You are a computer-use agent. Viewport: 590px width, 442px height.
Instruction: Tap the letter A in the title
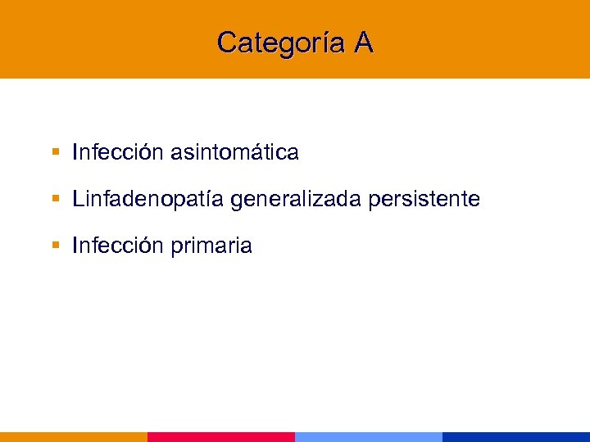pos(364,43)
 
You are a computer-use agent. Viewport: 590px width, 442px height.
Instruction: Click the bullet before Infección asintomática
pos(55,152)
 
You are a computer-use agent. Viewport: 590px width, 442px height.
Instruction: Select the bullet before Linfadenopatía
pos(55,199)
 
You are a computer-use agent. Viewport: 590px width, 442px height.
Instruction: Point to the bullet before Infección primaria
pos(55,246)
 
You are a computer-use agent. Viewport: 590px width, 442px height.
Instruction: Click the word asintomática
pos(234,152)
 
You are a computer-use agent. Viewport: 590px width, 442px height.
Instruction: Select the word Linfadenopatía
pos(148,199)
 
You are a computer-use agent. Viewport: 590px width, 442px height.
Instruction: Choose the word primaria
pos(211,246)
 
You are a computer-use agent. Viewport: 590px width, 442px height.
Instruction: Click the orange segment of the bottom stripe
pos(74,437)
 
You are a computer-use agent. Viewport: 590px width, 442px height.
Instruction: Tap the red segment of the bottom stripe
pos(221,437)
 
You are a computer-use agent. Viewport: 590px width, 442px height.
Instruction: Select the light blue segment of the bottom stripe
pos(369,437)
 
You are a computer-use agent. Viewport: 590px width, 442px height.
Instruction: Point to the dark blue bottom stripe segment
pos(516,437)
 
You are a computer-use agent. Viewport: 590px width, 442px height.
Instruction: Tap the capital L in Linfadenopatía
pos(78,199)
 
